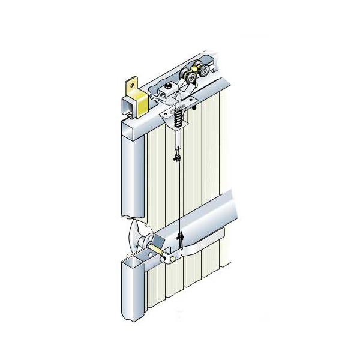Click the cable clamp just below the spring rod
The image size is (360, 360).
pyautogui.click(x=176, y=157)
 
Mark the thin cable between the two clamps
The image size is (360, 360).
pyautogui.click(x=178, y=198)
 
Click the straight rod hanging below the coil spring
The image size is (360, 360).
pyautogui.click(x=177, y=141)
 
